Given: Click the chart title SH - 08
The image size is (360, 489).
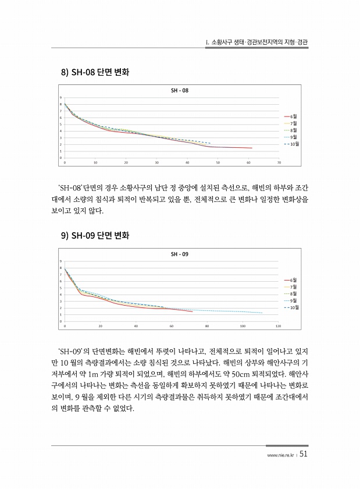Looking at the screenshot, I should (x=180, y=91).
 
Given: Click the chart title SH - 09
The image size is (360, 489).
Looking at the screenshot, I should (x=180, y=254).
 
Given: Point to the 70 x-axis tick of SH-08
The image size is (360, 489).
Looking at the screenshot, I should (x=279, y=163).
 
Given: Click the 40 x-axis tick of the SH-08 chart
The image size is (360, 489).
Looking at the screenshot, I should (x=187, y=163).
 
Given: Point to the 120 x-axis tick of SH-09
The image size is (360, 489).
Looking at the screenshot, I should (x=279, y=326).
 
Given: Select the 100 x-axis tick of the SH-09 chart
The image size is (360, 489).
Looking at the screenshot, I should (x=243, y=326).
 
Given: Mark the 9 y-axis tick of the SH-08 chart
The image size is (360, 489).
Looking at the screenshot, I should (x=60, y=98).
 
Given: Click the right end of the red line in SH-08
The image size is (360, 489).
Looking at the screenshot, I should (x=252, y=148).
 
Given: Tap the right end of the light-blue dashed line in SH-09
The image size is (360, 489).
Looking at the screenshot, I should (x=263, y=313).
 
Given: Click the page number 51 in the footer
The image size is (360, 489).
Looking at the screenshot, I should (x=304, y=455).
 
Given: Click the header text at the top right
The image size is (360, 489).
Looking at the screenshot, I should (x=257, y=43).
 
